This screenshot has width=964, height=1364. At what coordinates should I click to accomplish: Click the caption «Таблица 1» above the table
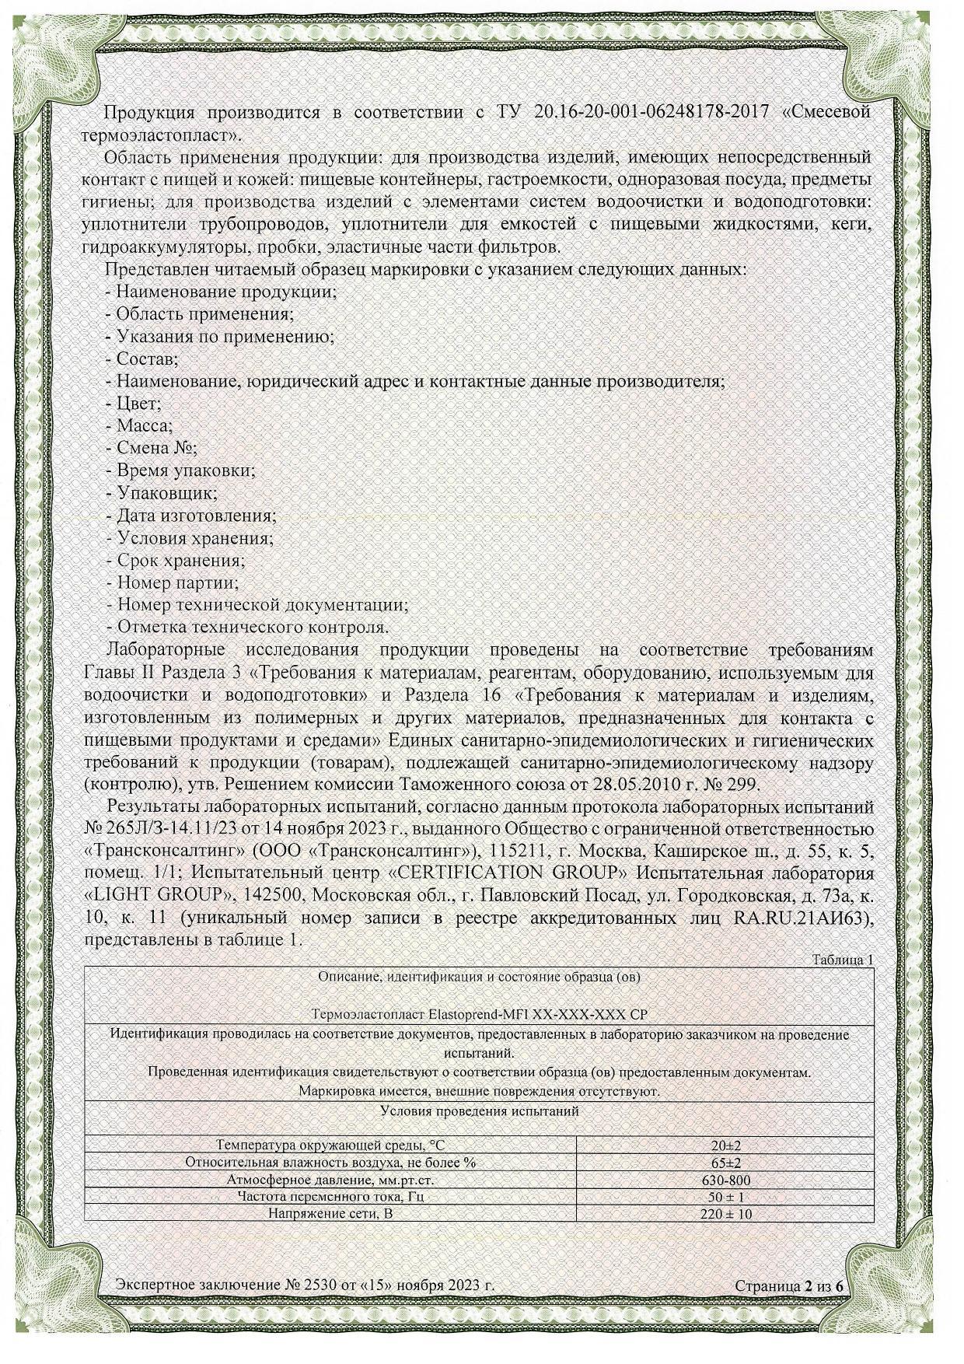[x=843, y=960]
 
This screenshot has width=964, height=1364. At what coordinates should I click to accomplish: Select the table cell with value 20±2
[x=725, y=1145]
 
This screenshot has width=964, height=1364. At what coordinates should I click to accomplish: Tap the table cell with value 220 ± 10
[x=725, y=1214]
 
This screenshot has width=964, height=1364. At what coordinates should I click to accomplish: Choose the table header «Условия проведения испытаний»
[x=480, y=1111]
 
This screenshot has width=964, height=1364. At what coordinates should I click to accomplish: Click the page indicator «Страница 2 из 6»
[x=789, y=1286]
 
